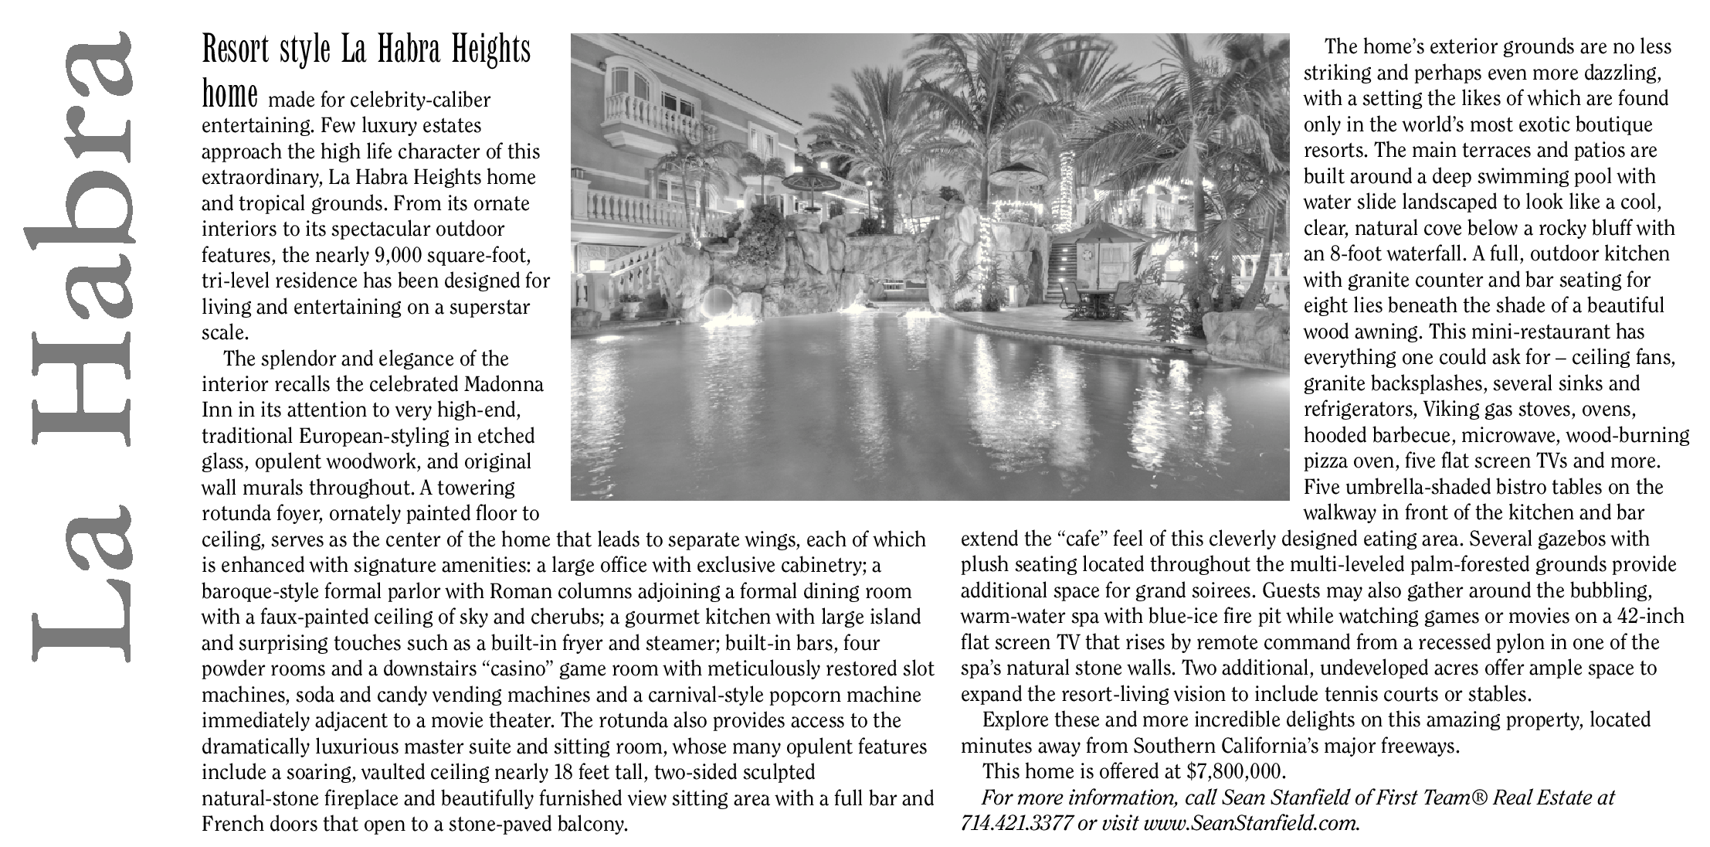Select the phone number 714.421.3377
click(x=1017, y=823)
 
